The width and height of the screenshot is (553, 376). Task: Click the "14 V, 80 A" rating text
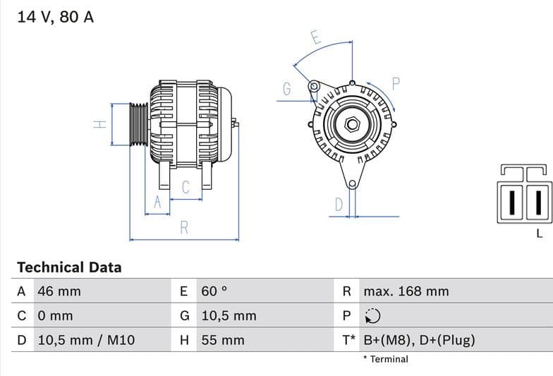[x=55, y=18]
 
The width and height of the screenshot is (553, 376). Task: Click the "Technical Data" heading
[x=69, y=267]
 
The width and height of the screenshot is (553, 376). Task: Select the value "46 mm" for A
[x=59, y=291]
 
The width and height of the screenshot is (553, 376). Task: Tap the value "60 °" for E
[x=214, y=291]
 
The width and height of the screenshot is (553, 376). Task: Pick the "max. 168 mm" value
[x=406, y=291]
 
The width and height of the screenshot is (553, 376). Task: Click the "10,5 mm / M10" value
[x=85, y=340]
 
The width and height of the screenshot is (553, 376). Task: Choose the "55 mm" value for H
[x=223, y=340]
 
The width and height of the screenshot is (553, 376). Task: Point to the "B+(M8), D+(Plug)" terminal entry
[x=419, y=340]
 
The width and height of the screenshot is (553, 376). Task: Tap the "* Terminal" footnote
[x=386, y=359]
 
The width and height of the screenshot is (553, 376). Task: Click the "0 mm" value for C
[x=55, y=316]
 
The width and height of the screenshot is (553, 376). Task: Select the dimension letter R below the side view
[x=184, y=228]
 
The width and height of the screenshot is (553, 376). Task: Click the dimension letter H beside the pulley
[x=100, y=124]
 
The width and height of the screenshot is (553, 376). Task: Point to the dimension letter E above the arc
[x=316, y=38]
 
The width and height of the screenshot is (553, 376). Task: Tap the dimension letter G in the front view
[x=287, y=90]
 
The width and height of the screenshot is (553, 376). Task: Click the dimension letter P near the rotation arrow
[x=396, y=84]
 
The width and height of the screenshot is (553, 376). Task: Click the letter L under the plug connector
[x=540, y=234]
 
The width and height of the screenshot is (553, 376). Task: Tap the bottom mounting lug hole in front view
[x=352, y=184]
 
